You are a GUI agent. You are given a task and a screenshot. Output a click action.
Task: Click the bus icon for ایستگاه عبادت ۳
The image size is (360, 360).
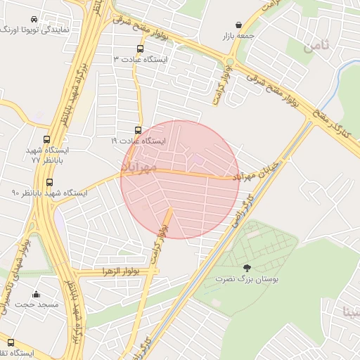pos(139,49)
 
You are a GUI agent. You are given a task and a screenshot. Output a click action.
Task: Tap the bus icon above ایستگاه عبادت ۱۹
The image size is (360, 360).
pos(138,131)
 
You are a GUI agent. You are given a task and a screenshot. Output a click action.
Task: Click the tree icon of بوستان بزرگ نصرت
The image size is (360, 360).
pos(246,268)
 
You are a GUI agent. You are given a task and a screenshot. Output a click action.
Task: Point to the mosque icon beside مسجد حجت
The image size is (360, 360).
pos(36,294)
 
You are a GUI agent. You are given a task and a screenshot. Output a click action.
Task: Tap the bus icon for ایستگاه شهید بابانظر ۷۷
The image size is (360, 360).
pos(46,140)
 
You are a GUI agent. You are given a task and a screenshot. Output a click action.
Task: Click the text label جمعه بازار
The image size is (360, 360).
pos(238,35)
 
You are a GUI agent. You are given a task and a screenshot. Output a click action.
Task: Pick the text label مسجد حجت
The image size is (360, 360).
pos(36,304)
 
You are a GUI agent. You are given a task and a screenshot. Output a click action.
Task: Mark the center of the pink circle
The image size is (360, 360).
pos(180,179)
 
